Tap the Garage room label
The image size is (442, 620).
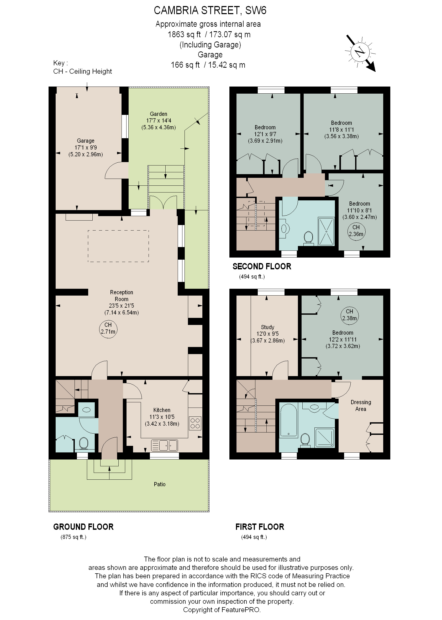pos(86,141)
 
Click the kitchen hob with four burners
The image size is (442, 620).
pos(195,423)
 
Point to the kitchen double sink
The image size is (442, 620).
pos(164,445)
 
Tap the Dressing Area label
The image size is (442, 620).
pos(361,405)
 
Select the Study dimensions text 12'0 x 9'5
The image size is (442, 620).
pos(267,334)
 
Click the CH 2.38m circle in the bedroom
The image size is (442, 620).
pos(349,315)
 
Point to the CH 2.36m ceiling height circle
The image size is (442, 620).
pos(356,231)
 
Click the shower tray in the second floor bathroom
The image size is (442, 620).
pos(326,231)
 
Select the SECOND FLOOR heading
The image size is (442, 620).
pos(262,266)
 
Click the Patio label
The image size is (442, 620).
pos(160,484)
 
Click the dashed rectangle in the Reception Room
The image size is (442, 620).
pos(118,246)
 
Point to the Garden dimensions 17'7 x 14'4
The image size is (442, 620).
pos(159,120)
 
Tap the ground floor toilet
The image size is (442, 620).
pos(83,443)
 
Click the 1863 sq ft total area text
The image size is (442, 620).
pos(184,35)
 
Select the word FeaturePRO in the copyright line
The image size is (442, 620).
pos(241,610)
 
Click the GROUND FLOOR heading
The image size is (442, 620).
pos(83,527)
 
